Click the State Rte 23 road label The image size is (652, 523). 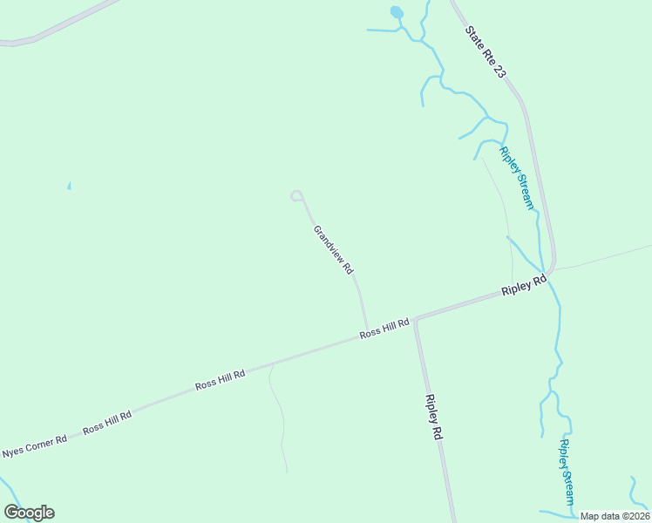pos(485,52)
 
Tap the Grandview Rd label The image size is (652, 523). pos(333,250)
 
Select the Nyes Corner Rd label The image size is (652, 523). pos(35,447)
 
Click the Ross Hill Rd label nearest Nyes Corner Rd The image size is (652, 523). pos(107,422)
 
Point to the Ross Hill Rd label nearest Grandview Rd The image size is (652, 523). pos(384,329)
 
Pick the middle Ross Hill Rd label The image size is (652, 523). pos(220,379)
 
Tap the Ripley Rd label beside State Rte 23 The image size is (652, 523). pos(523,287)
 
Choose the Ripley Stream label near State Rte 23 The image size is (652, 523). pos(515,177)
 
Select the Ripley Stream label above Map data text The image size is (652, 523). pos(567,472)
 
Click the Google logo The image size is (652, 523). pos(30,513)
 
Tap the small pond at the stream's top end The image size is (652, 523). pos(397,13)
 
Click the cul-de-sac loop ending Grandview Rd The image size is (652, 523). pos(296,195)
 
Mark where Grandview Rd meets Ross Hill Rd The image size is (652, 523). pos(366,330)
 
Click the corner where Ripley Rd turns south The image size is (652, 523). pos(417,320)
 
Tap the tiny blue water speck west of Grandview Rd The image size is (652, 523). pos(69,186)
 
